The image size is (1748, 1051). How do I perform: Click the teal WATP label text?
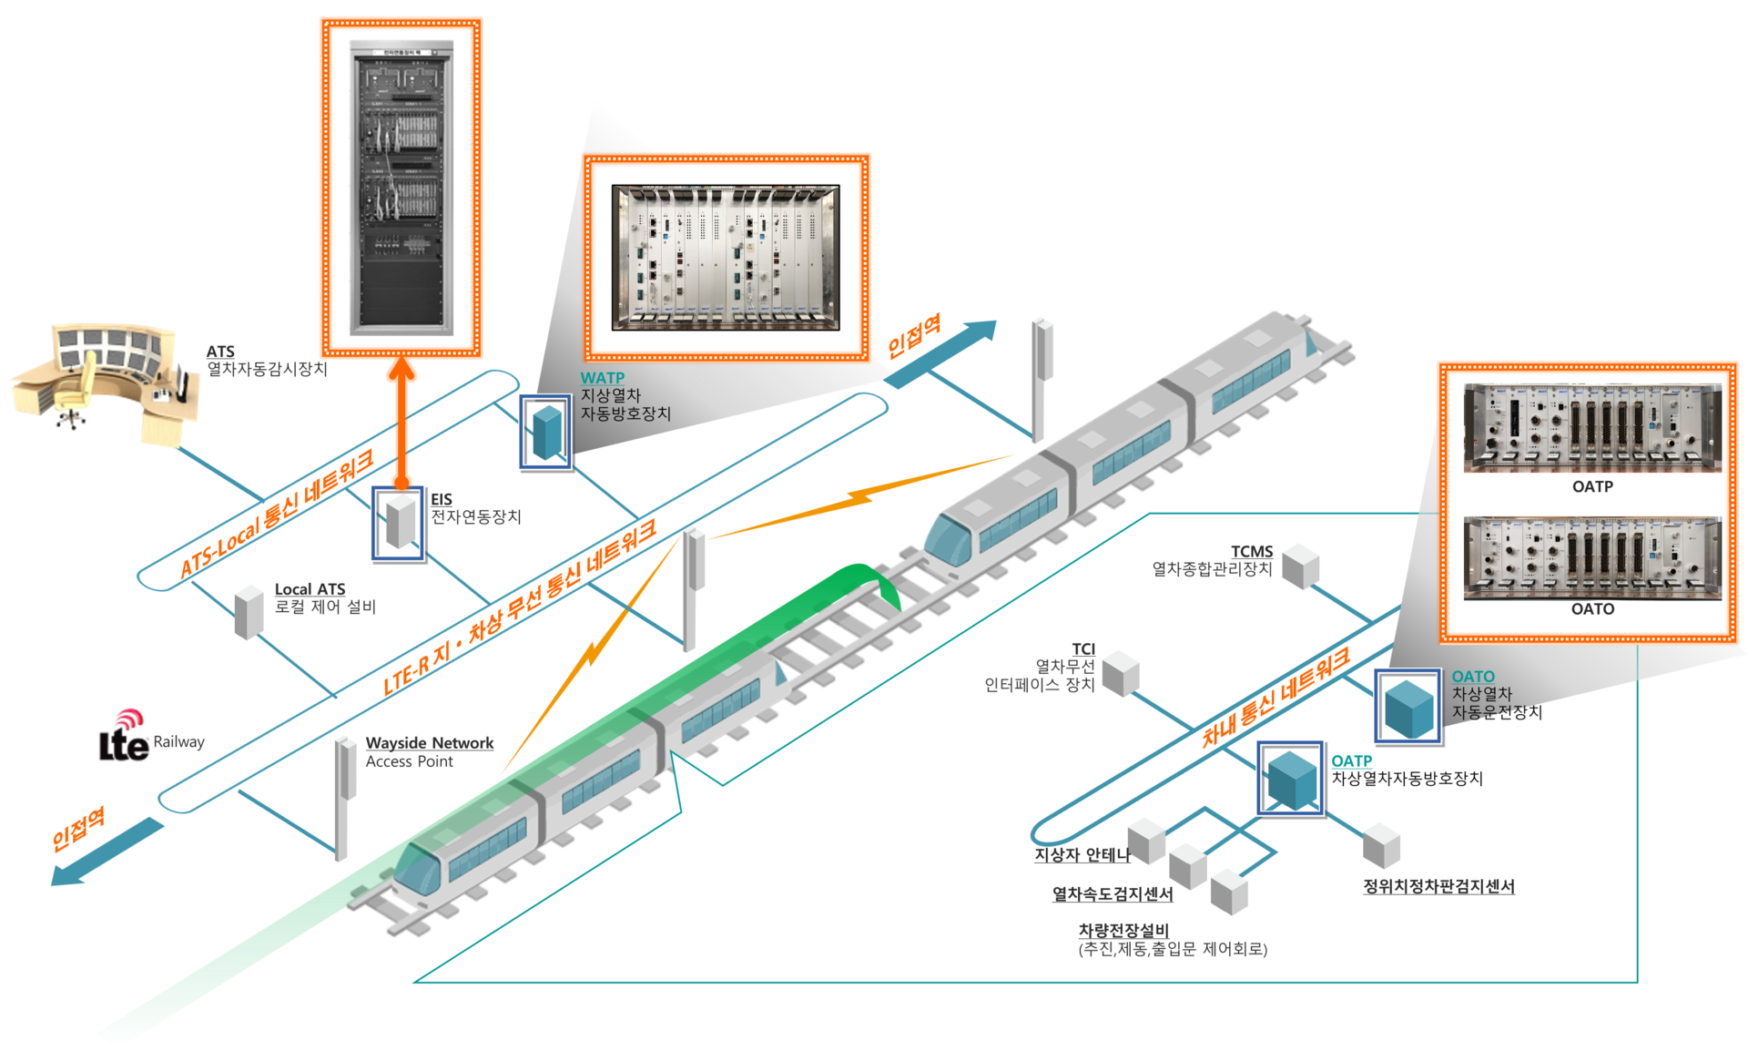point(603,378)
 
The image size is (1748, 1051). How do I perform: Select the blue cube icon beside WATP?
point(546,432)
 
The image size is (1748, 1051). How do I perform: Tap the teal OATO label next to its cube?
point(1473,677)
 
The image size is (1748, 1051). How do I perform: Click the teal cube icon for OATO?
point(1408,708)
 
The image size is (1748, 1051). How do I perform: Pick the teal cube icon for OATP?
point(1292,779)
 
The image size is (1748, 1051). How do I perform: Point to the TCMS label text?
point(1252,552)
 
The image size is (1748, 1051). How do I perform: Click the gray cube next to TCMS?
point(1301,566)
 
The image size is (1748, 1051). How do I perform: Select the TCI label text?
point(1083,649)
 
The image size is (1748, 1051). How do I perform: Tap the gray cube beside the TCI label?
point(1121,674)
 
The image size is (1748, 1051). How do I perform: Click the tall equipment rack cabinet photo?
point(401,187)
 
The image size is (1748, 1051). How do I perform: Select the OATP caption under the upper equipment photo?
point(1592,487)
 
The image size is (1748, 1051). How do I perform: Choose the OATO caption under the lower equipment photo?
point(1592,609)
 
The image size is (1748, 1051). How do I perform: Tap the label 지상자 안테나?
point(1082,855)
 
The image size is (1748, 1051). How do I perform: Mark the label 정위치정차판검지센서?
point(1438,886)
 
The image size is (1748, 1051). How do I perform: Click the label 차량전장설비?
point(1123,930)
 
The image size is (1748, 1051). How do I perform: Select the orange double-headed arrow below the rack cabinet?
point(400,423)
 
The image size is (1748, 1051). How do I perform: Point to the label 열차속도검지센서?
point(1113,894)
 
